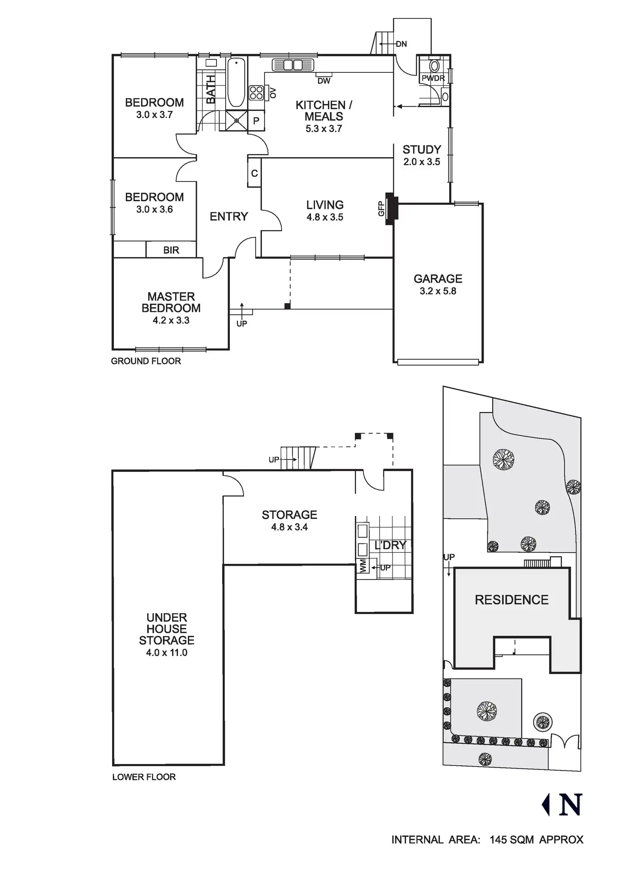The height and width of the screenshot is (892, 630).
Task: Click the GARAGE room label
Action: point(438,279)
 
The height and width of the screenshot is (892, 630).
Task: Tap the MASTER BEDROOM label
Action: point(171,302)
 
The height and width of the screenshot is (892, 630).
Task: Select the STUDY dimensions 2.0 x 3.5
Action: point(422,162)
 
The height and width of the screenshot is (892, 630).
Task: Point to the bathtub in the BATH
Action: point(236,83)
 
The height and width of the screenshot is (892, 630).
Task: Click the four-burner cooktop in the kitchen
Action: point(256,93)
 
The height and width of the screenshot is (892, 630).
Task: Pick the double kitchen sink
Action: point(293,65)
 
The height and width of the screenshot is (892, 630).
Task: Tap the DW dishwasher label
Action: point(324,81)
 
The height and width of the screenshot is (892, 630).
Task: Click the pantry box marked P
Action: point(256,121)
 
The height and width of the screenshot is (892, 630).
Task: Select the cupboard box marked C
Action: point(254,173)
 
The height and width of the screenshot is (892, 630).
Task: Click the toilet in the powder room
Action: point(434,66)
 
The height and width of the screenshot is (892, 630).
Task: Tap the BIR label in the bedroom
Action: point(171,250)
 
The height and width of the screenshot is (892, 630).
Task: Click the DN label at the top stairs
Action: point(401,44)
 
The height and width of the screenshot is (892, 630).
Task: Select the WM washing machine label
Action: point(363,566)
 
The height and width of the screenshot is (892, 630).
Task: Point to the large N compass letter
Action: point(571,805)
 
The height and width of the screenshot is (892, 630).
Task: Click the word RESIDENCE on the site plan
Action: point(511,600)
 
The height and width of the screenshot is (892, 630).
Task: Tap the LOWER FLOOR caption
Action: point(144,777)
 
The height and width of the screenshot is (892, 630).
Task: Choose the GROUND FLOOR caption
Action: point(146,361)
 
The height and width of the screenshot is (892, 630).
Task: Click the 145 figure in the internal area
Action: point(498,840)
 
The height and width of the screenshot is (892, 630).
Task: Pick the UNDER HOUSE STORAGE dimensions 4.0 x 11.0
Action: point(166,653)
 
